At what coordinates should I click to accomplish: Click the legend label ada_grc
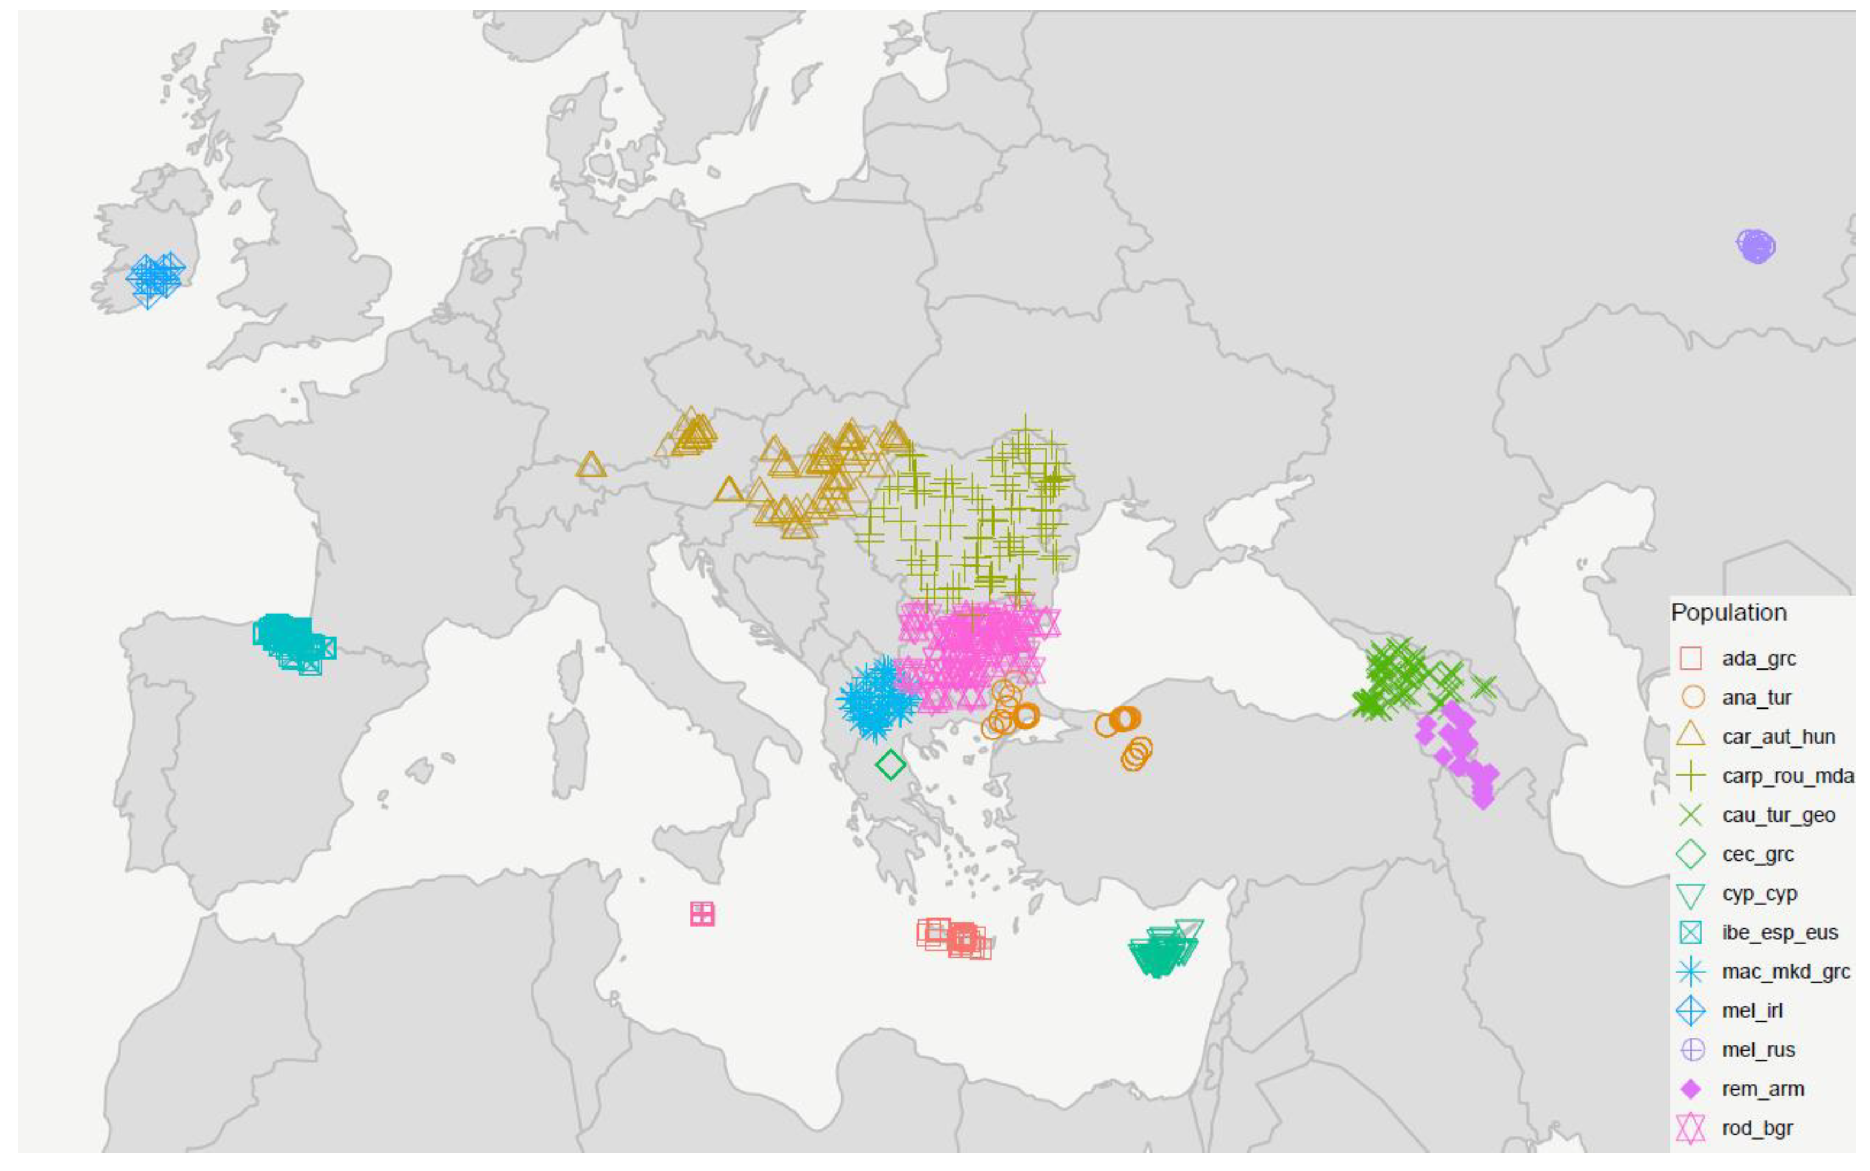click(1759, 659)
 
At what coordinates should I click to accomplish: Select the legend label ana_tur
click(1756, 698)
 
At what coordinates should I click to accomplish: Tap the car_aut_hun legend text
click(1778, 737)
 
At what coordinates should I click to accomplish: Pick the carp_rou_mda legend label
click(1787, 776)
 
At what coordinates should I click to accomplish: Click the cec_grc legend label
click(1758, 854)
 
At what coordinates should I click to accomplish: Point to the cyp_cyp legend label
click(1759, 893)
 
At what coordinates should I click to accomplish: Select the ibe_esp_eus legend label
click(1779, 933)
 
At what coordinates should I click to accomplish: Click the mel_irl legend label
click(1751, 1011)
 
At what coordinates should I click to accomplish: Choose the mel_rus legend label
click(1758, 1050)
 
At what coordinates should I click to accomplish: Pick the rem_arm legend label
click(1762, 1089)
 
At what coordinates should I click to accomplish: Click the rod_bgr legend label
click(1757, 1128)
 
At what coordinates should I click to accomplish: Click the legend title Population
click(1728, 612)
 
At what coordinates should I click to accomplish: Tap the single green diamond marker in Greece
click(890, 765)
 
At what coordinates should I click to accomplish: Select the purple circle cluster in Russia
click(1755, 246)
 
